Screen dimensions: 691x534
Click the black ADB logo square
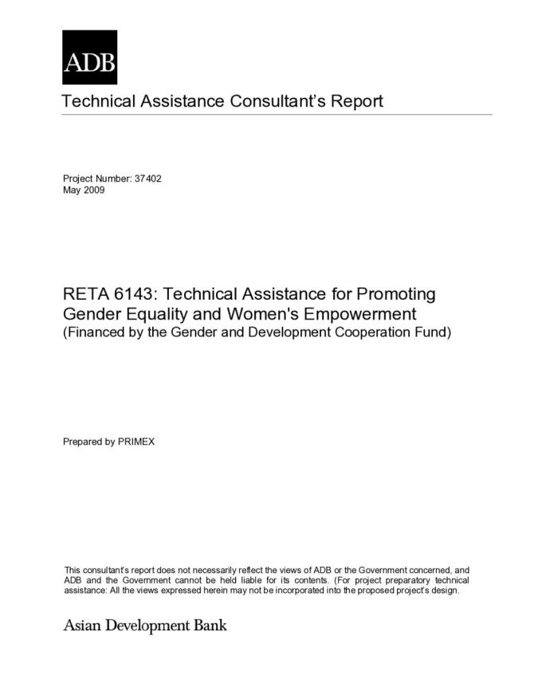click(x=89, y=57)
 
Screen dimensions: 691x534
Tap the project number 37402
click(x=148, y=179)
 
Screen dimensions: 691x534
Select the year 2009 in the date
click(x=94, y=190)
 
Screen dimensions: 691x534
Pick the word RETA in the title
click(x=84, y=294)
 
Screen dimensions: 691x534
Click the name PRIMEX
click(x=136, y=442)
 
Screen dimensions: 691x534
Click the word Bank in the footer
click(x=210, y=626)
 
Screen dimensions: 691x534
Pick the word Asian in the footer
click(x=82, y=626)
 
